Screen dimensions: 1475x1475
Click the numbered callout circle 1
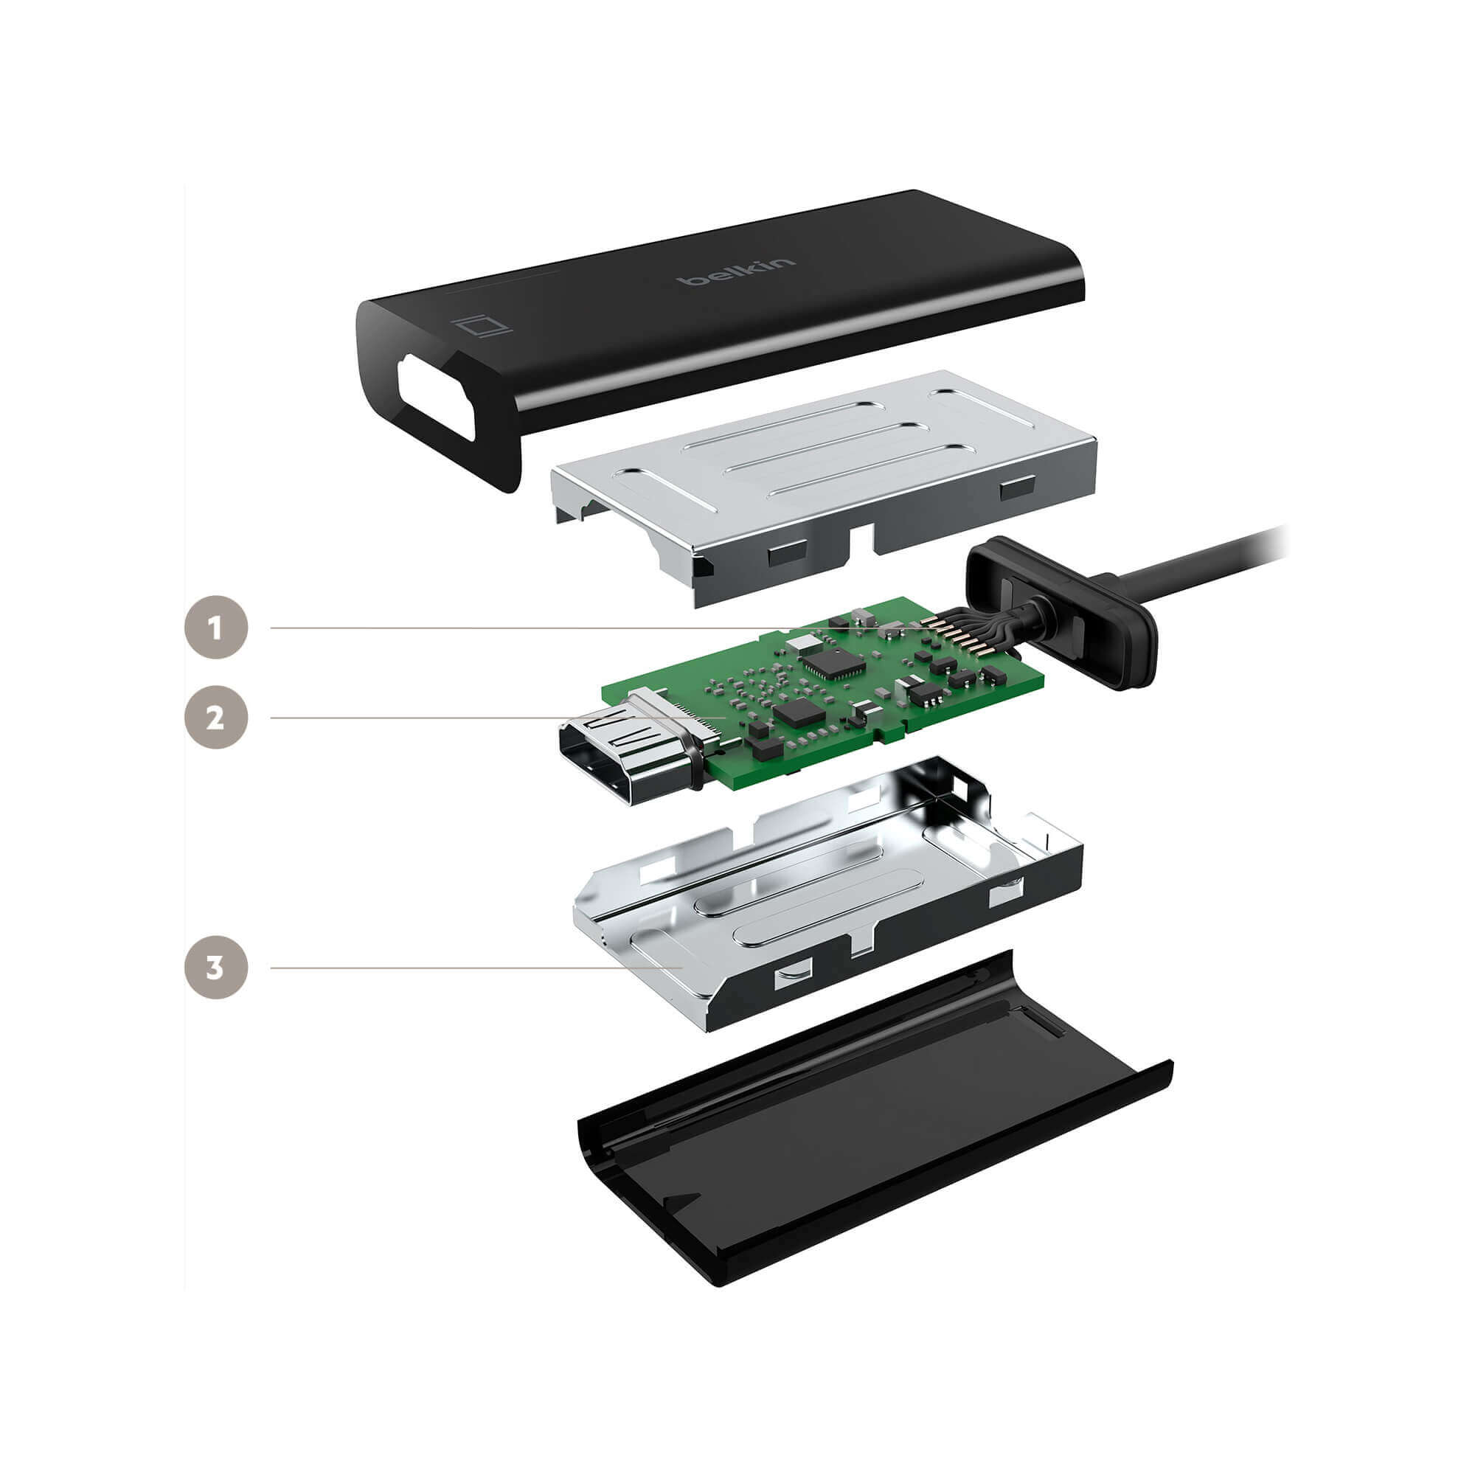coord(216,628)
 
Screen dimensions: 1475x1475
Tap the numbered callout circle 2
coord(216,718)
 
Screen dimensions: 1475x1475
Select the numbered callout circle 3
coord(216,968)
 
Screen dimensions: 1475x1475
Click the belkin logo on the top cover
coord(736,273)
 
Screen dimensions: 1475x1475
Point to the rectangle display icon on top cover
coord(481,326)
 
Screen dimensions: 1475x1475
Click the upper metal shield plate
coord(825,489)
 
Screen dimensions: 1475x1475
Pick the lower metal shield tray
coord(828,893)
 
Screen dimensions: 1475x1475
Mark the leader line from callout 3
coord(476,968)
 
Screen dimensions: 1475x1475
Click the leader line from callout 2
coord(498,718)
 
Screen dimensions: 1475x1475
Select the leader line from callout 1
coord(603,628)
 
